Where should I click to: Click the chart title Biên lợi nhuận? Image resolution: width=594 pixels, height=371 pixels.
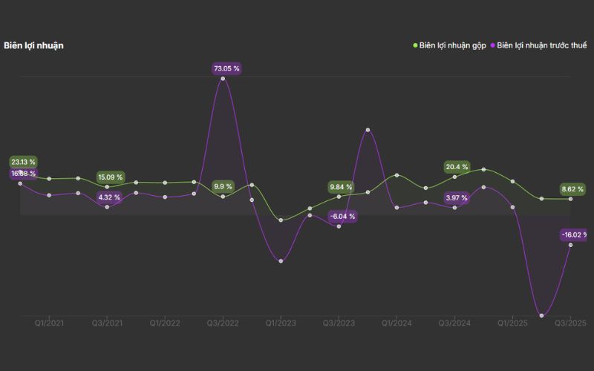pos(33,45)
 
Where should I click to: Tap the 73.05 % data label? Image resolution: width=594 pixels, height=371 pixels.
pos(226,68)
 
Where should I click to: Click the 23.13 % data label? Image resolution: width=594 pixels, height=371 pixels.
pos(23,162)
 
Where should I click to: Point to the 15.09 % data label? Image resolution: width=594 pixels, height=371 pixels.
pos(110,177)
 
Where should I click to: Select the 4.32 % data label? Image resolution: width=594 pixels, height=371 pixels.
pos(109,197)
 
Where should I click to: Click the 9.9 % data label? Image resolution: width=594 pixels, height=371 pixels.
pos(223,186)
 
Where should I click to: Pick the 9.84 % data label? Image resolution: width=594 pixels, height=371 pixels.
pos(341,187)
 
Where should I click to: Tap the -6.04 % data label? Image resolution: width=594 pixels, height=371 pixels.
pos(342,217)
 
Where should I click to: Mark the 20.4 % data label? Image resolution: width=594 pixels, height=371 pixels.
pos(457,167)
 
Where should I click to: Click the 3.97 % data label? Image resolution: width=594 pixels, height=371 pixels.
pos(457,197)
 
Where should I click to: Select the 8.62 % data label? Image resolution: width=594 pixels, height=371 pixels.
pos(572,189)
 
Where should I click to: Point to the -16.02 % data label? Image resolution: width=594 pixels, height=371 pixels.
pos(574,235)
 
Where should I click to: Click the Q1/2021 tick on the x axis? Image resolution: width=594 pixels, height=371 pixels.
pos(49,323)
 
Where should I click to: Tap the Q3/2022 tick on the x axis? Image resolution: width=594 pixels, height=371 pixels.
pos(223,323)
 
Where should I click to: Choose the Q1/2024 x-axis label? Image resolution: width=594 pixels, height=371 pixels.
pos(396,323)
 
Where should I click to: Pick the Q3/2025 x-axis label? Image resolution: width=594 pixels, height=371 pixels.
pos(570,323)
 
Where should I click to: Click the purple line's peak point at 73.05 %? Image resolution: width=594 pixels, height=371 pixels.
pos(223,79)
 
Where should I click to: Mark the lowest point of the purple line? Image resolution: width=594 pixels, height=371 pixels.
pos(541,315)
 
